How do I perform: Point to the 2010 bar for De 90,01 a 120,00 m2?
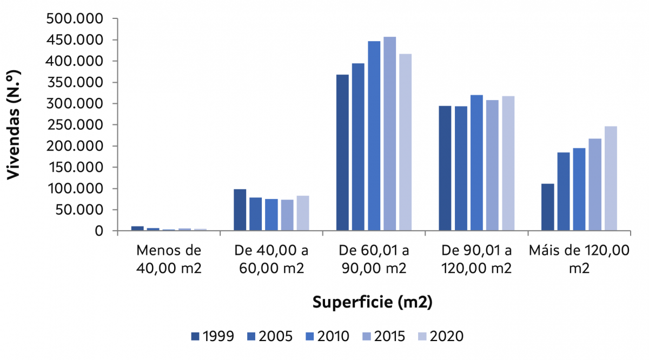(x=476, y=163)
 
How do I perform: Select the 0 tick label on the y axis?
(x=99, y=231)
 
